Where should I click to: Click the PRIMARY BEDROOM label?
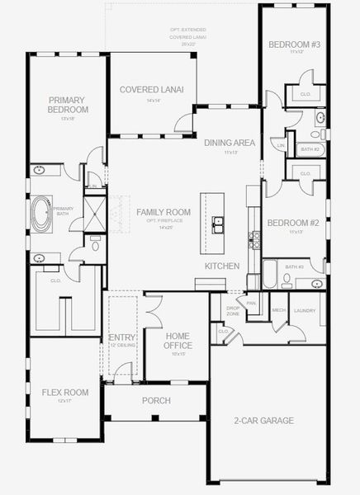click(68, 104)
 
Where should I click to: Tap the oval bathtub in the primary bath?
click(40, 213)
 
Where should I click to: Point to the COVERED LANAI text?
click(151, 89)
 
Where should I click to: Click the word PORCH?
click(156, 400)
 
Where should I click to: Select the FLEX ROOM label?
click(65, 392)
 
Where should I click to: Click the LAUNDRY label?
click(305, 310)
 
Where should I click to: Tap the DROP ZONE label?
click(233, 310)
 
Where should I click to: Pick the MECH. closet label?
click(278, 310)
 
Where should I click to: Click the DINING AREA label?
click(230, 142)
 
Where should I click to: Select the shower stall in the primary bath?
click(96, 210)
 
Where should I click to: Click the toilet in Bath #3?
click(287, 279)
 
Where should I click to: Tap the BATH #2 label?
click(310, 149)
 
